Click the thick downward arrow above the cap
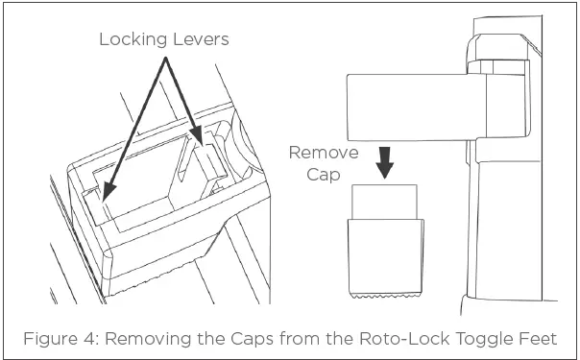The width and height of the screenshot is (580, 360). tap(385, 163)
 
